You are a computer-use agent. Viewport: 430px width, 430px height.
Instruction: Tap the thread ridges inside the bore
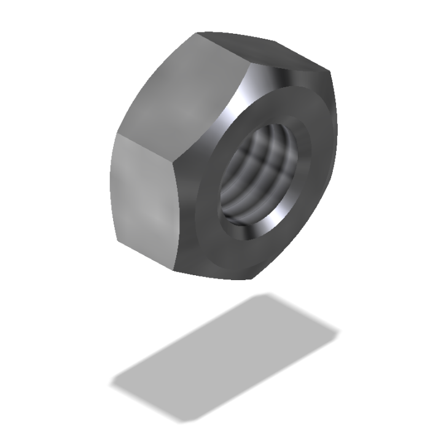[x=258, y=166]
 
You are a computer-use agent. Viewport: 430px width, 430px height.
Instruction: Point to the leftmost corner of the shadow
[x=112, y=385]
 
